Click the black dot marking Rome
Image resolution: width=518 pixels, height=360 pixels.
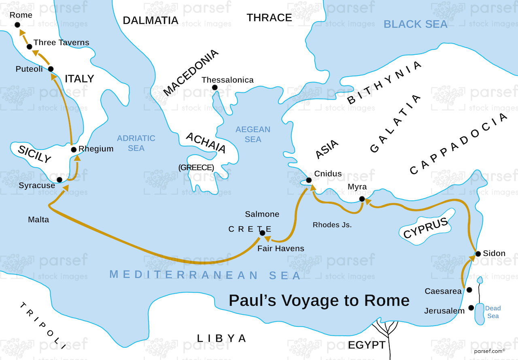pyautogui.click(x=17, y=25)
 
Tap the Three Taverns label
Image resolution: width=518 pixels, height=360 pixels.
pyautogui.click(x=61, y=43)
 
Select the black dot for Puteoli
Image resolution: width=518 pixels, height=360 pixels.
pyautogui.click(x=51, y=69)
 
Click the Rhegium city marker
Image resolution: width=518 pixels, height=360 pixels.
pyautogui.click(x=74, y=150)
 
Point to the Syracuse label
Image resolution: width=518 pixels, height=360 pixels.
pyautogui.click(x=36, y=185)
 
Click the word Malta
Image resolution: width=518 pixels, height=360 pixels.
pyautogui.click(x=38, y=220)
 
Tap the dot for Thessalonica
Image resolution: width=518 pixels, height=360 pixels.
pyautogui.click(x=214, y=87)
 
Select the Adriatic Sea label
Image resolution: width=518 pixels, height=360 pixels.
pyautogui.click(x=136, y=143)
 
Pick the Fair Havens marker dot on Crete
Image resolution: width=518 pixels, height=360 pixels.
pyautogui.click(x=262, y=233)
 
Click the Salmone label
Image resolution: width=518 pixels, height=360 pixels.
pyautogui.click(x=262, y=214)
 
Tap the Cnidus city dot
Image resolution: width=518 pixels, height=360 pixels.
pyautogui.click(x=308, y=180)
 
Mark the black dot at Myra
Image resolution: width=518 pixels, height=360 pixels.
pyautogui.click(x=362, y=199)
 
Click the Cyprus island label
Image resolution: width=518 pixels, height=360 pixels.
pyautogui.click(x=426, y=228)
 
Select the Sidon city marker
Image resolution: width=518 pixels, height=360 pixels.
pyautogui.click(x=478, y=254)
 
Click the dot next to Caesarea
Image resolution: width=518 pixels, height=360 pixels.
pyautogui.click(x=469, y=290)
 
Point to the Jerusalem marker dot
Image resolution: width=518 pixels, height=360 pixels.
pyautogui.click(x=471, y=308)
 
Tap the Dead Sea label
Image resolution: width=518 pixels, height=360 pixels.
pyautogui.click(x=493, y=312)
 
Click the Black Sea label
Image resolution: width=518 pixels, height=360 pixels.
pyautogui.click(x=415, y=24)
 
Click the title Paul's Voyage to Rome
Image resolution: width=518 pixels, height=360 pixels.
pyautogui.click(x=319, y=301)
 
